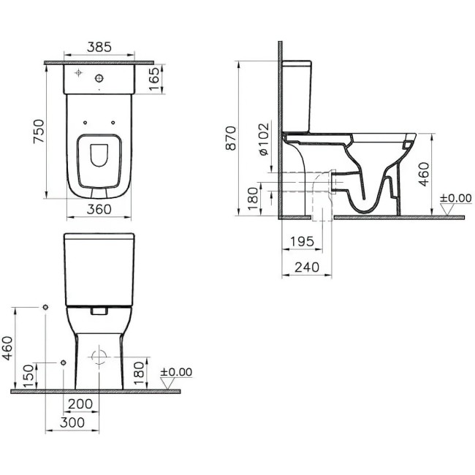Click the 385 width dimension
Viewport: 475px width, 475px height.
[99, 47]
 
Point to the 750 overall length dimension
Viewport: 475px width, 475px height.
[39, 130]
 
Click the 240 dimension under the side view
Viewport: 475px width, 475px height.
[306, 268]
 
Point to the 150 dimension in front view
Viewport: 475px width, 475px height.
[28, 376]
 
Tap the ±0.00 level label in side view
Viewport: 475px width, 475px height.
[455, 198]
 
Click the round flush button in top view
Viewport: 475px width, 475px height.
[101, 77]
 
